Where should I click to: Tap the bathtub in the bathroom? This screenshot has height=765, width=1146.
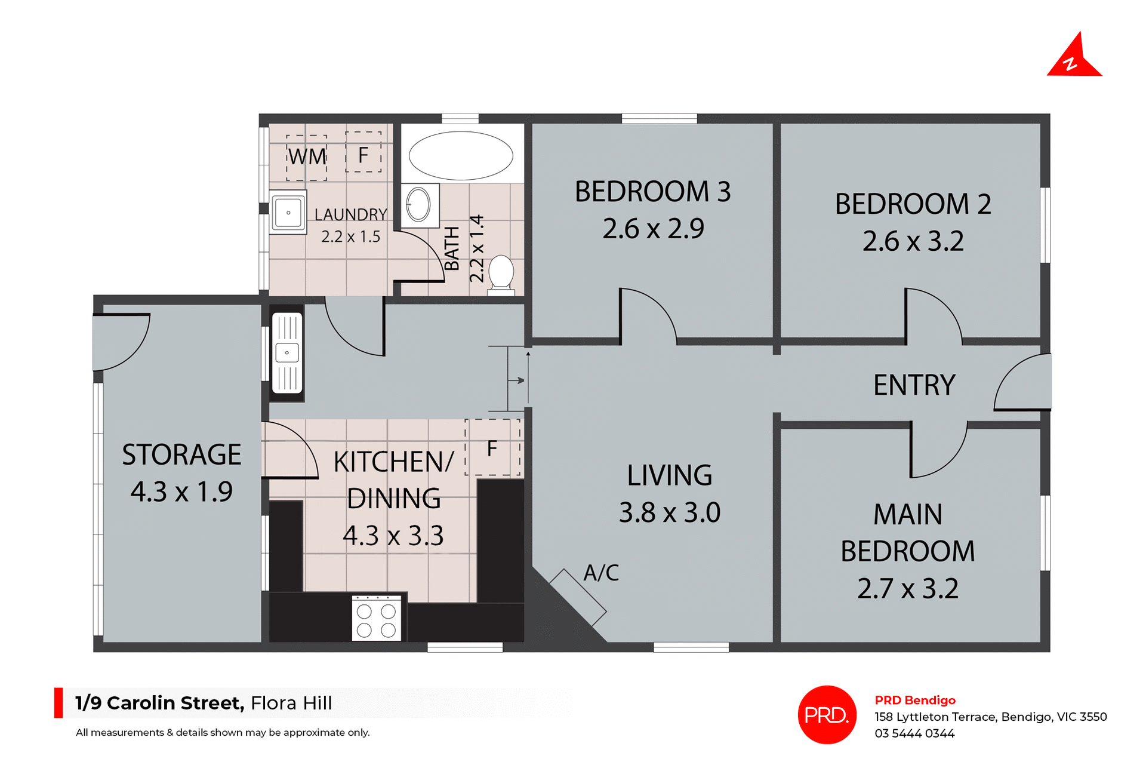pyautogui.click(x=461, y=155)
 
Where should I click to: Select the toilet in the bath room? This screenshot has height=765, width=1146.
pyautogui.click(x=501, y=275)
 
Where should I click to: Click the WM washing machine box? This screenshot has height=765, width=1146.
pyautogui.click(x=307, y=157)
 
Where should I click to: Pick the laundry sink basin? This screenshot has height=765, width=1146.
pyautogui.click(x=288, y=213)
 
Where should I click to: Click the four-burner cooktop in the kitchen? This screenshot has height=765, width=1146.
pyautogui.click(x=376, y=618)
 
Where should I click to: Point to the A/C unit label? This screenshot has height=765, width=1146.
pyautogui.click(x=601, y=573)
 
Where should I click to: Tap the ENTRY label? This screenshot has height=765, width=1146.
pyautogui.click(x=914, y=385)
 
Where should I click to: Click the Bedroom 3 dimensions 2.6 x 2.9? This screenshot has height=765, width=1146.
pyautogui.click(x=653, y=229)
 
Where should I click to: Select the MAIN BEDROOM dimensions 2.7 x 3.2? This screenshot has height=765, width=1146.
pyautogui.click(x=907, y=589)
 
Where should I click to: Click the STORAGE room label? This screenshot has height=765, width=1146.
pyautogui.click(x=181, y=455)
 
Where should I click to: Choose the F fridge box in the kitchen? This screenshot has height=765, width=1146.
pyautogui.click(x=492, y=448)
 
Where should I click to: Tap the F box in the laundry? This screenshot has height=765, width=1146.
pyautogui.click(x=363, y=153)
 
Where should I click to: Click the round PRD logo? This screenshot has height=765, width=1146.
pyautogui.click(x=827, y=715)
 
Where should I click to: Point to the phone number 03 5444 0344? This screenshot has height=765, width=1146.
pyautogui.click(x=914, y=733)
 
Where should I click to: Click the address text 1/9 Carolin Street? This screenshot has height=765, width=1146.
pyautogui.click(x=160, y=703)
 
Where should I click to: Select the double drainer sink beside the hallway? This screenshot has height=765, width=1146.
pyautogui.click(x=287, y=353)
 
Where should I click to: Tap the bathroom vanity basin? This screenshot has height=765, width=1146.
pyautogui.click(x=419, y=205)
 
